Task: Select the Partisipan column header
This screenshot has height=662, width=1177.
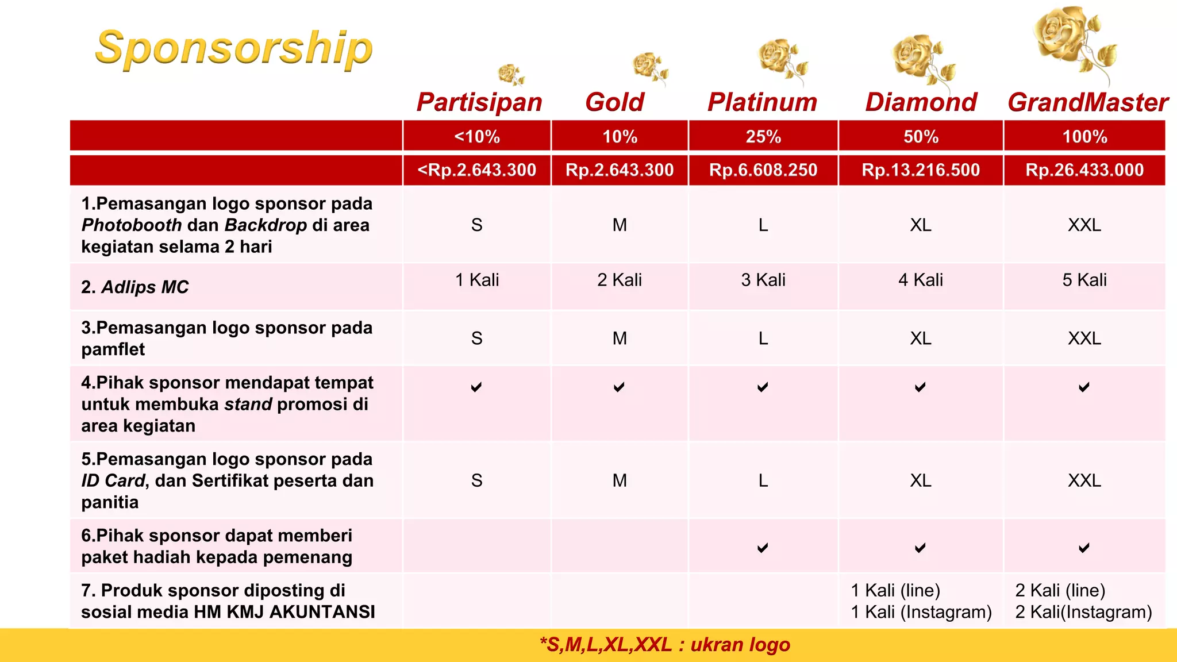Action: coord(479,102)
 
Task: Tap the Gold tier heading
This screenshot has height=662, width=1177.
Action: coord(614,102)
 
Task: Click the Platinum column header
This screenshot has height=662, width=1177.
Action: coord(762,102)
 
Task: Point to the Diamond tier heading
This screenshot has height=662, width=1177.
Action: coord(921,102)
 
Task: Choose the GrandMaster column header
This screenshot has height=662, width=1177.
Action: coord(1087,102)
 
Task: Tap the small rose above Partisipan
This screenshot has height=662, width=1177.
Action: coord(510,75)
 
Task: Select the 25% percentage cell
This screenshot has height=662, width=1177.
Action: coord(763,137)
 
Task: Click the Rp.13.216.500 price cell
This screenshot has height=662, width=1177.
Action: coord(921,170)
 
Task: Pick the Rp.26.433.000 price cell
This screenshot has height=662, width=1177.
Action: coord(1084,170)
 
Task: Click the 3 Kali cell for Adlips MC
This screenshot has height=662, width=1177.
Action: coord(763,280)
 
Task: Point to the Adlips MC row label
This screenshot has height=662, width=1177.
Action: coord(135,287)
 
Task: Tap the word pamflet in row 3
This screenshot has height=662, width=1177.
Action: coord(113,349)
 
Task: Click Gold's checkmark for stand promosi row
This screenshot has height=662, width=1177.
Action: coord(619,387)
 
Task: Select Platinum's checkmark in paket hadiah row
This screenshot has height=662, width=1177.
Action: coord(763,548)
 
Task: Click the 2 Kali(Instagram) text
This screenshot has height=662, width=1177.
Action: coord(1083,612)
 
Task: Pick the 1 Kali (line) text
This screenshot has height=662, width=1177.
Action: coord(895,590)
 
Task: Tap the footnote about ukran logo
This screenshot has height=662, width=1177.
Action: coord(665,645)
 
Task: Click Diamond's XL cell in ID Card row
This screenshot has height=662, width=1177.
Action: coord(921,480)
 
